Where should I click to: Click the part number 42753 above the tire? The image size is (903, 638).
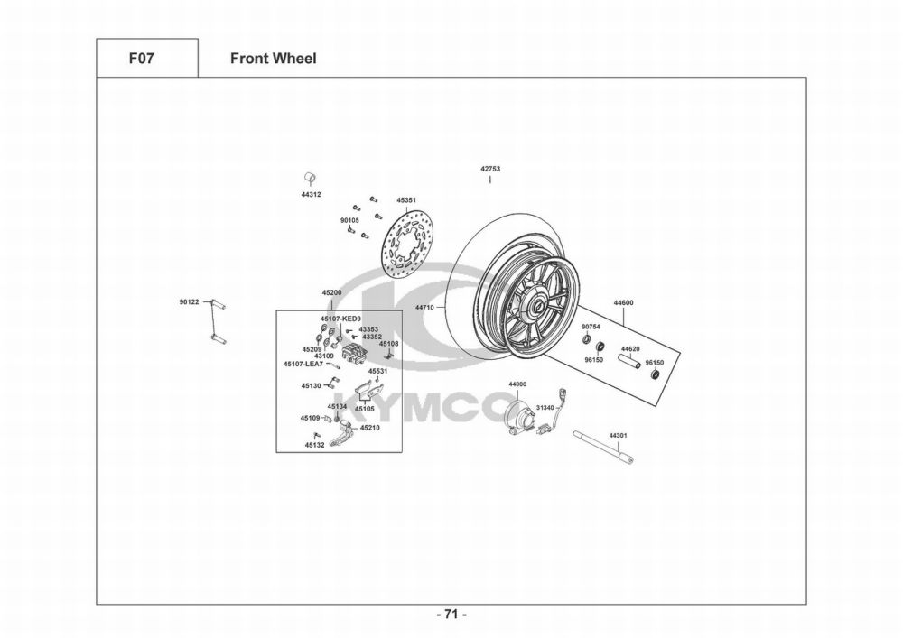point(490,169)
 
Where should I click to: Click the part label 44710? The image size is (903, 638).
point(424,308)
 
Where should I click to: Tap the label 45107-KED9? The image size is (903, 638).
point(340,319)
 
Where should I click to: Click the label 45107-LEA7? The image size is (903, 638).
point(303,364)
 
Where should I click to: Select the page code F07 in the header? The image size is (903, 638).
point(146,59)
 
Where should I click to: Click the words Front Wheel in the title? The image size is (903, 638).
point(273,59)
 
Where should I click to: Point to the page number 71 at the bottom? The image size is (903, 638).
point(451,615)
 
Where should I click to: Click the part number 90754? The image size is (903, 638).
point(591,327)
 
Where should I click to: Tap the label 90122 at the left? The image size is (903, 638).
point(189,302)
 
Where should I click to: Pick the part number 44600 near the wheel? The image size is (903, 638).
point(623,302)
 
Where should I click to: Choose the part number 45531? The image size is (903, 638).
point(377,371)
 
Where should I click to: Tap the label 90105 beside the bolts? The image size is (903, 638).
point(349,219)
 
